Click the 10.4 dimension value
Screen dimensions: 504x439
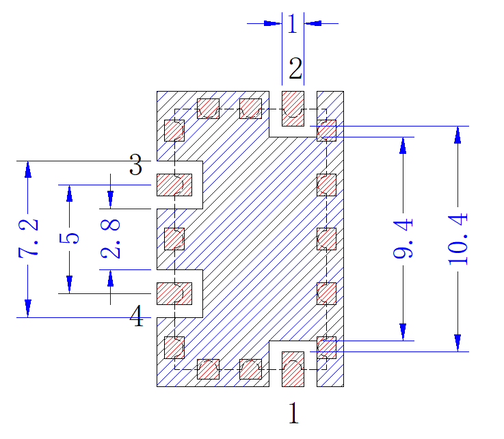458,239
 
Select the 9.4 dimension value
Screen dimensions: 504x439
403,238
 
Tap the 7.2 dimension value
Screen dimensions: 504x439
28,239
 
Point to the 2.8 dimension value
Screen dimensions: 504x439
111,239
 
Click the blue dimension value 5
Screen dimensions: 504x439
70,238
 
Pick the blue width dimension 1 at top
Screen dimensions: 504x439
293,23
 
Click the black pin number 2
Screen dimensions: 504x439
295,68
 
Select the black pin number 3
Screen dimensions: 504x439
135,165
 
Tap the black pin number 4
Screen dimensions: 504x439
136,316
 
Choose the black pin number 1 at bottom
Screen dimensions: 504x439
294,413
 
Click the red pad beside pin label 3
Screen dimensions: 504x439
174,185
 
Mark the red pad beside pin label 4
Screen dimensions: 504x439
174,293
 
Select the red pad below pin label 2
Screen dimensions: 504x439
293,109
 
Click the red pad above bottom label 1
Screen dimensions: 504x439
293,369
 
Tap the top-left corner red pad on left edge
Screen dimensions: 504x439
174,131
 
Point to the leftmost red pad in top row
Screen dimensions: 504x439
208,109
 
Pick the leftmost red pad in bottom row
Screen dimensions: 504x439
208,369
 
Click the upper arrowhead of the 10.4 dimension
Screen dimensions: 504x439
458,134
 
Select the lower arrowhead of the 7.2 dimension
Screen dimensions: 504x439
28,308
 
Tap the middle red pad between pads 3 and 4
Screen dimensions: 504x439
174,239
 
